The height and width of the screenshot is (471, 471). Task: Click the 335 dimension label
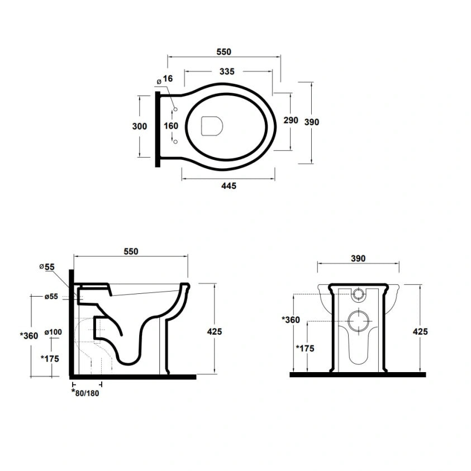[227, 72]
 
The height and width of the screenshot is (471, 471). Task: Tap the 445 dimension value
[229, 186]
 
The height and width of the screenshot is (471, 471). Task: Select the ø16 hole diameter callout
[165, 79]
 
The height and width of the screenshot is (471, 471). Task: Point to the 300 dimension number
[140, 126]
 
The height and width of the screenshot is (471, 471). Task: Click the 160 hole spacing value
[171, 126]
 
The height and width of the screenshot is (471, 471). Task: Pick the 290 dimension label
[291, 120]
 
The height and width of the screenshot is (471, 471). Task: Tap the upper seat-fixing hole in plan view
[176, 109]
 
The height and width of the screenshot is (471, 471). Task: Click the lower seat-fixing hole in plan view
[176, 142]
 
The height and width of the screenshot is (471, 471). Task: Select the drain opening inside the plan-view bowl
[212, 126]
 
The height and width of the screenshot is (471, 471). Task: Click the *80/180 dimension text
[85, 392]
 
